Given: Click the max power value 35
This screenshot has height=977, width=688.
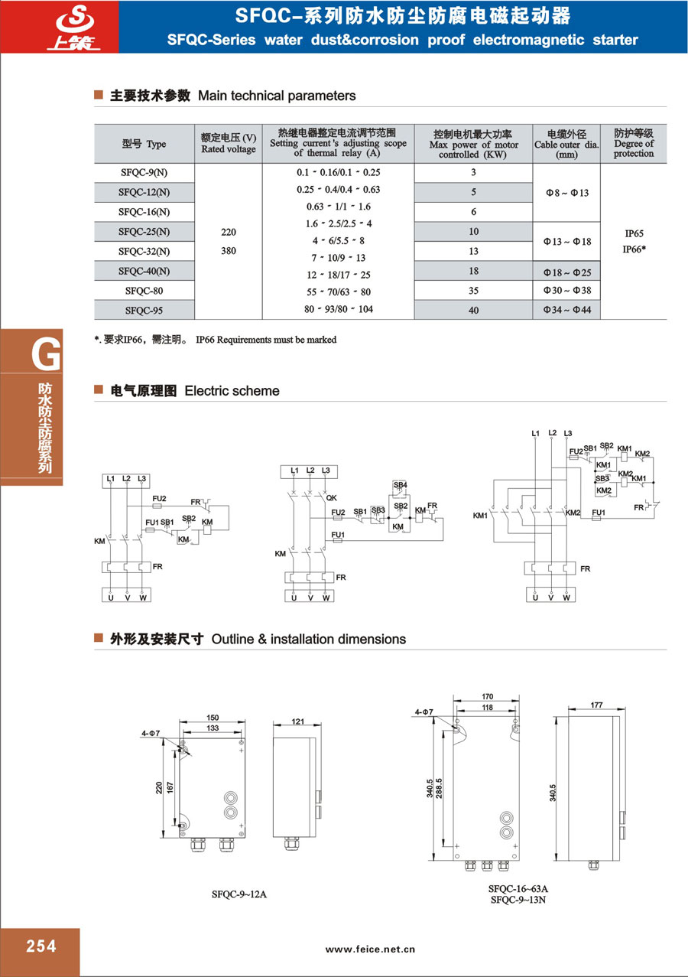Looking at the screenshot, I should pos(474,291).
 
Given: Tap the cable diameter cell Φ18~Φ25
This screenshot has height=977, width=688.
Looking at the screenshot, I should pos(567,271).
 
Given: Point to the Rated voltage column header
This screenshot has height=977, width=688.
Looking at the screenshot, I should pos(229,143).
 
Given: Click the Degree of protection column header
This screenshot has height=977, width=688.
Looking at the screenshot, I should pos(634,143).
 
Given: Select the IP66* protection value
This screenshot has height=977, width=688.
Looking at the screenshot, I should pos(634,249).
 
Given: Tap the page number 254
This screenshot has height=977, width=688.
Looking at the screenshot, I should pos(41,946).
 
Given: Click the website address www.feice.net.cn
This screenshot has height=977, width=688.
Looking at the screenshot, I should pos(370,949).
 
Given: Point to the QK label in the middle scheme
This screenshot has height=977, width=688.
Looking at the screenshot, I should pos(331,497).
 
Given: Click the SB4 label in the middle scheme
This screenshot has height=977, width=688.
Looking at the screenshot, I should pos(400,485).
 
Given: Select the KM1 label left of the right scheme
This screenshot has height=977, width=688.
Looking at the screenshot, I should pos(480,516).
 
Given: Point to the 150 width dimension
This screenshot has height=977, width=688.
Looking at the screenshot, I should pos(213,718).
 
